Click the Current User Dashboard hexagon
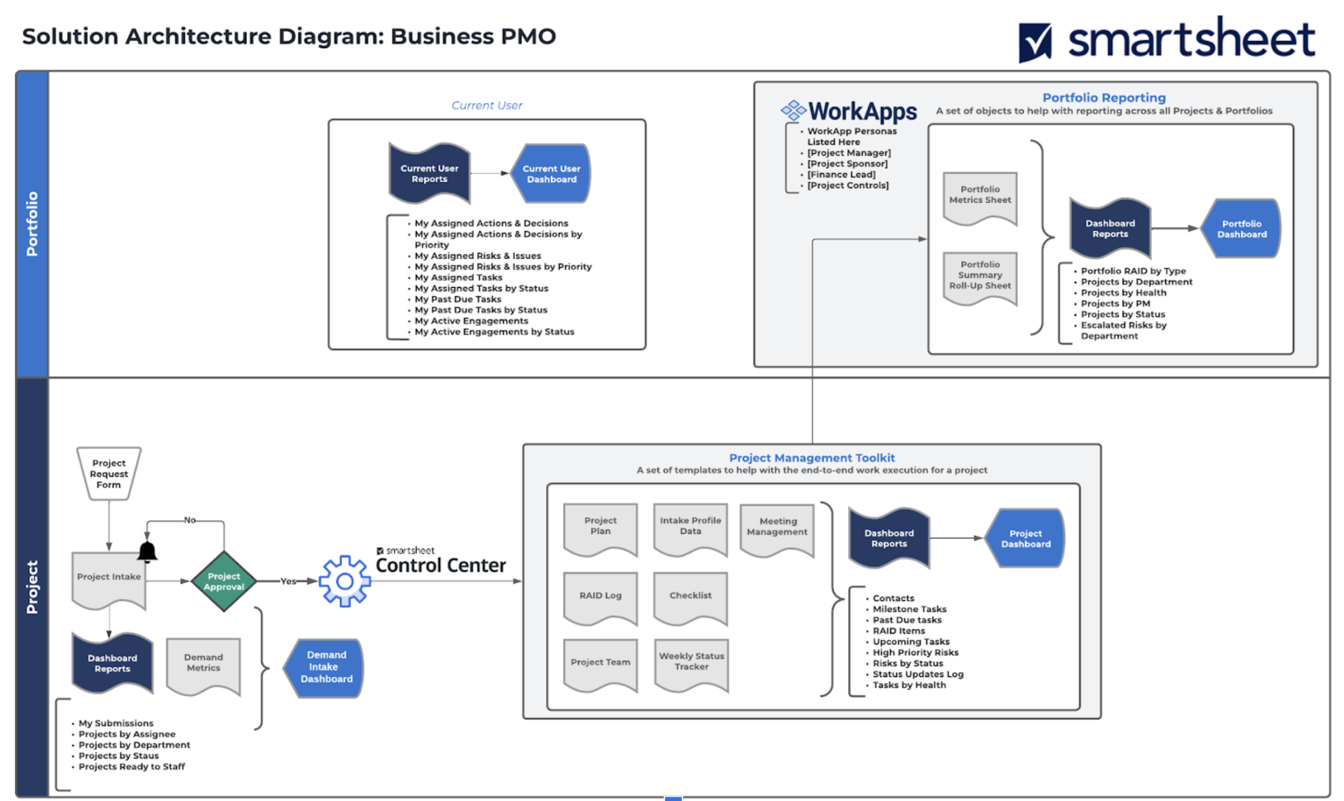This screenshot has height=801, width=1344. click(551, 174)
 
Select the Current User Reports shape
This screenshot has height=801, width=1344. click(430, 174)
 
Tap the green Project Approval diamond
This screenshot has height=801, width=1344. click(224, 581)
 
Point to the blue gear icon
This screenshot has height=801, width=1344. click(345, 581)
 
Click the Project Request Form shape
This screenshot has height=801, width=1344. click(109, 474)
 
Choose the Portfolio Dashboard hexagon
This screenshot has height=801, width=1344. click(1241, 229)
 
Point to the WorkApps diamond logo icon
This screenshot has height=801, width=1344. click(794, 111)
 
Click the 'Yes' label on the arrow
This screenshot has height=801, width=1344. click(288, 581)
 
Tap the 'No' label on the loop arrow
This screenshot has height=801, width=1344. click(190, 520)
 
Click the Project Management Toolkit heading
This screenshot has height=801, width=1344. click(812, 458)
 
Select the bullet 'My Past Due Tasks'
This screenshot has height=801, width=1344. click(458, 299)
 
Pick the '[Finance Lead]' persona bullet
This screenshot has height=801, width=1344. click(841, 174)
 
